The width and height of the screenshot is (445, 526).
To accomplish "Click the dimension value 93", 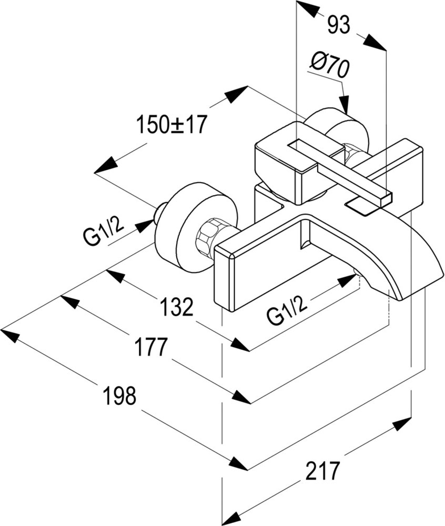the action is point(339,25).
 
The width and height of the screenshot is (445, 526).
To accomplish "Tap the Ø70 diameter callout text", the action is point(329,66).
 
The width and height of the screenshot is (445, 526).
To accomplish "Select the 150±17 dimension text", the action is point(171,124).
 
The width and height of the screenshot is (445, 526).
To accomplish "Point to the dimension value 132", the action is point(177,307).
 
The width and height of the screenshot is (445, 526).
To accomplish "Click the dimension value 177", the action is point(151,347).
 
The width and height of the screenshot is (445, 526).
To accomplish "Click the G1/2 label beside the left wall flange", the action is point(104,231).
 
